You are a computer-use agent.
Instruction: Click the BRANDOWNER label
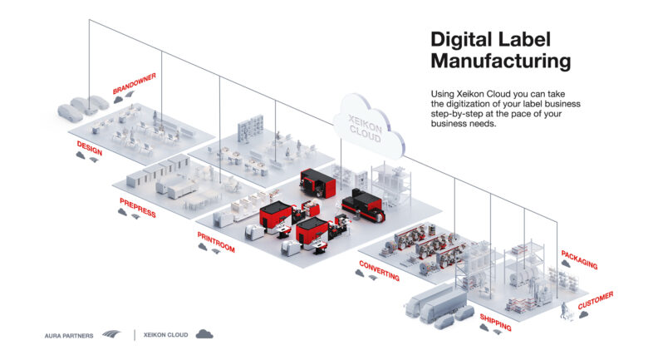point(135,84)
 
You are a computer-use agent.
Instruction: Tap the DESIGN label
point(89,148)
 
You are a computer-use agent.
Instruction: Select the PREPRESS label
point(138,207)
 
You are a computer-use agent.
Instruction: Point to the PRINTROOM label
point(216,242)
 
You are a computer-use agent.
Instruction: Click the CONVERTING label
point(379,270)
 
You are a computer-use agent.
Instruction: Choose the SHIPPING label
point(495,323)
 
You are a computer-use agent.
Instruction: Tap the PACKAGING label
point(579,259)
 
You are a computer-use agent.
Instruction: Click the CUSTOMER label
point(596,300)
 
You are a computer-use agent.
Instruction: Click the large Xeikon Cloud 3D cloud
point(369,127)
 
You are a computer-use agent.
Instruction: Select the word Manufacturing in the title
point(501,61)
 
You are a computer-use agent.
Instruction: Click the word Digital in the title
point(461,40)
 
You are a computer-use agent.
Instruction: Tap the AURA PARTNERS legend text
point(69,336)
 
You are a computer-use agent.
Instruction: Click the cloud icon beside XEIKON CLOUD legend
point(204,334)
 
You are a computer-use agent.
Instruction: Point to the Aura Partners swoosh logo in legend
point(111,333)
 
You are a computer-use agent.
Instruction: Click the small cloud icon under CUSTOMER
point(583,314)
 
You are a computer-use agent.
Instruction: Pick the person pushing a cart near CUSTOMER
point(564,310)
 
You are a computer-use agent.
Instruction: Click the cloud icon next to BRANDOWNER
point(119,99)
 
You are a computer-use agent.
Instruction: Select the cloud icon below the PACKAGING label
point(566,264)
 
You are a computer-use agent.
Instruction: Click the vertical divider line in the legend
point(135,335)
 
